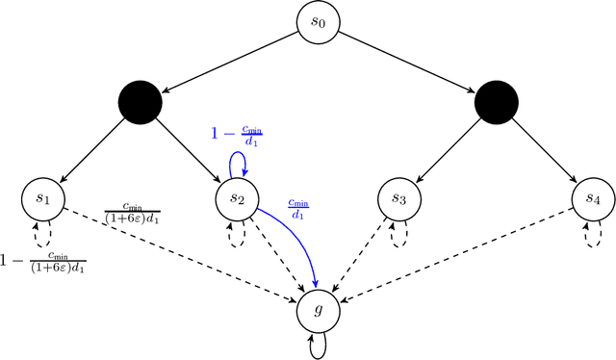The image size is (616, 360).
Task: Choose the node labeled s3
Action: coord(398,198)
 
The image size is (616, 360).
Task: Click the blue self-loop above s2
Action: coord(231,164)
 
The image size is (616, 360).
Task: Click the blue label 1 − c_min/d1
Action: coord(237,136)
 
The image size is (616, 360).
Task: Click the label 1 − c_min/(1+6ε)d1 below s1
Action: coord(43,263)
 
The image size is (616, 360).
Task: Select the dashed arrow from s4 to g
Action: coord(452,252)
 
